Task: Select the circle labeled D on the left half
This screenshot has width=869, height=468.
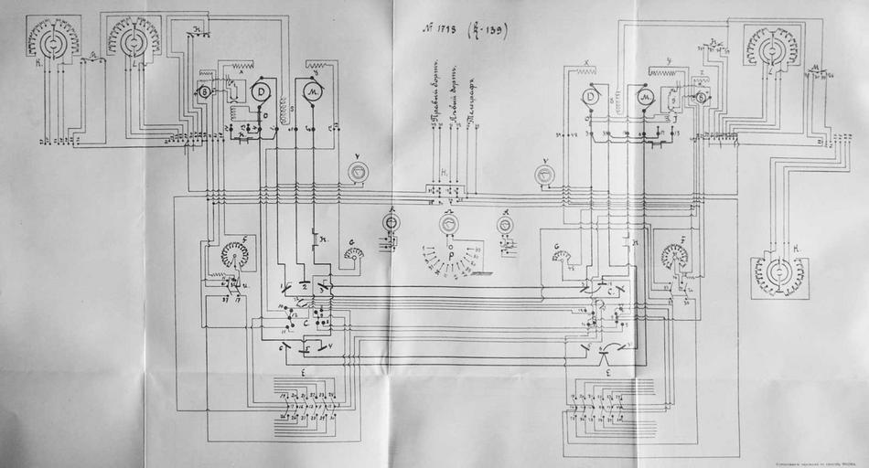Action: pos(262,90)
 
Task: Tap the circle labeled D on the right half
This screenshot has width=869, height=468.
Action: pos(591,97)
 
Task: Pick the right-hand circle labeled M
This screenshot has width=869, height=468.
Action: pos(645,98)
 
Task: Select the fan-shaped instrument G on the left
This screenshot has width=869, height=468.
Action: pos(352,252)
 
